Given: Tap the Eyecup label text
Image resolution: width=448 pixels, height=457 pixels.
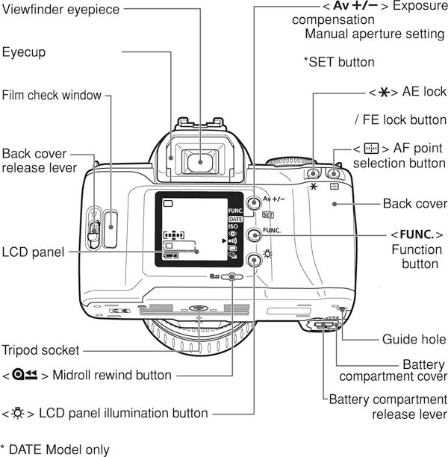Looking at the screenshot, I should click(25, 53).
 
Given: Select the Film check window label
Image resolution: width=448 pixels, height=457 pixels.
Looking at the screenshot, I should click(51, 96).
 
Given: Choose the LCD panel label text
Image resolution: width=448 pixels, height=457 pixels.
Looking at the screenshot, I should click(32, 252).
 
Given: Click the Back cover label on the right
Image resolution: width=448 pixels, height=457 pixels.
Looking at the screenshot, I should click(414, 203).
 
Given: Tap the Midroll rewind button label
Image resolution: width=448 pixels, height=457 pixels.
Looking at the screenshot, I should click(87, 375).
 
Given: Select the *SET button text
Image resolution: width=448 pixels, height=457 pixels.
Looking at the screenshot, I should click(339, 63).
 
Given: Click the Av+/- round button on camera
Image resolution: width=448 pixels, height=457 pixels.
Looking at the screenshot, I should click(254, 203).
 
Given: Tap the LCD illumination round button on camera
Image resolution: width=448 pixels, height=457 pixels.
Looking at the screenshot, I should click(254, 260).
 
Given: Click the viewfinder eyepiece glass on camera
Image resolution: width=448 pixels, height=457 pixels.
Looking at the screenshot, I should click(198, 159).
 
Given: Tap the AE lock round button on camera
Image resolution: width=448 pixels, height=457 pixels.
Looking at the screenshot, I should click(313, 165).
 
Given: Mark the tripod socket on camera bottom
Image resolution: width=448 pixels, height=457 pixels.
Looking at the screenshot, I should click(197, 308).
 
